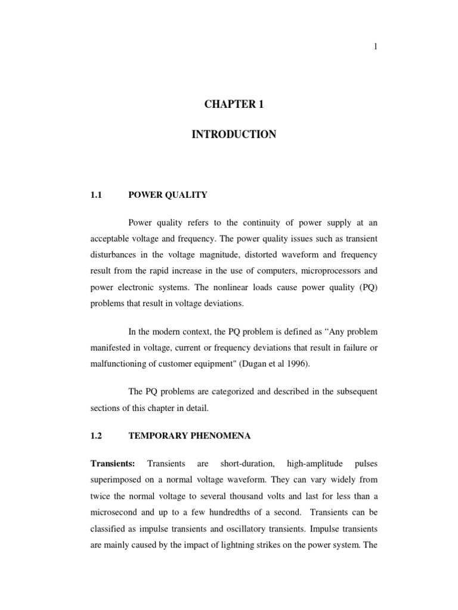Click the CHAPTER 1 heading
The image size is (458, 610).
pos(233,104)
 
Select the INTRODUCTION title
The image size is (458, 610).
pos(233,135)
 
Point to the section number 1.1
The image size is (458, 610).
pos(97,194)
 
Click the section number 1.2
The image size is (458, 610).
pos(97,436)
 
